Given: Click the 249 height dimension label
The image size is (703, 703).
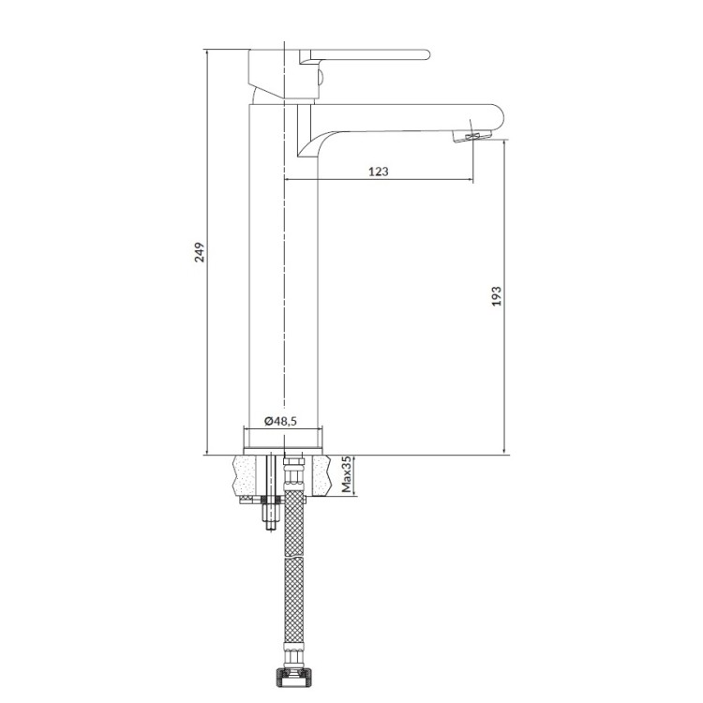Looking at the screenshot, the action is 199,252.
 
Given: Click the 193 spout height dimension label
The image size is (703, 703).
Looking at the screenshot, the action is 497,296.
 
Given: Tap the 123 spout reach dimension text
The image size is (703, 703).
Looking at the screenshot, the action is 379,172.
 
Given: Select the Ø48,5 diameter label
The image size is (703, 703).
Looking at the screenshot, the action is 280,421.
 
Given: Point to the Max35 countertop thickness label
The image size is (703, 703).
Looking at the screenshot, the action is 347,475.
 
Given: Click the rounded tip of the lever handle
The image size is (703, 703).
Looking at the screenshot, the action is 426,54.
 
